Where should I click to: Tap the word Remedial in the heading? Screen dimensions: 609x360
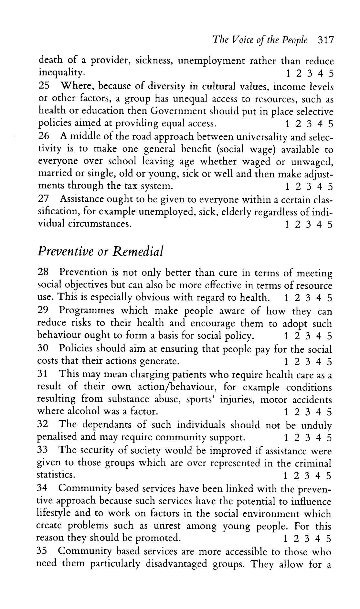coord(137,251)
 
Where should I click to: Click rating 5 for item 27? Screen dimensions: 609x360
coord(330,224)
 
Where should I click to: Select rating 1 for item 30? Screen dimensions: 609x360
coord(286,361)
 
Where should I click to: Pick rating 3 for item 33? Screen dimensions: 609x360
coord(308,476)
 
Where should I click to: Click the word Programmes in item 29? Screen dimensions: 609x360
coord(86,311)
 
